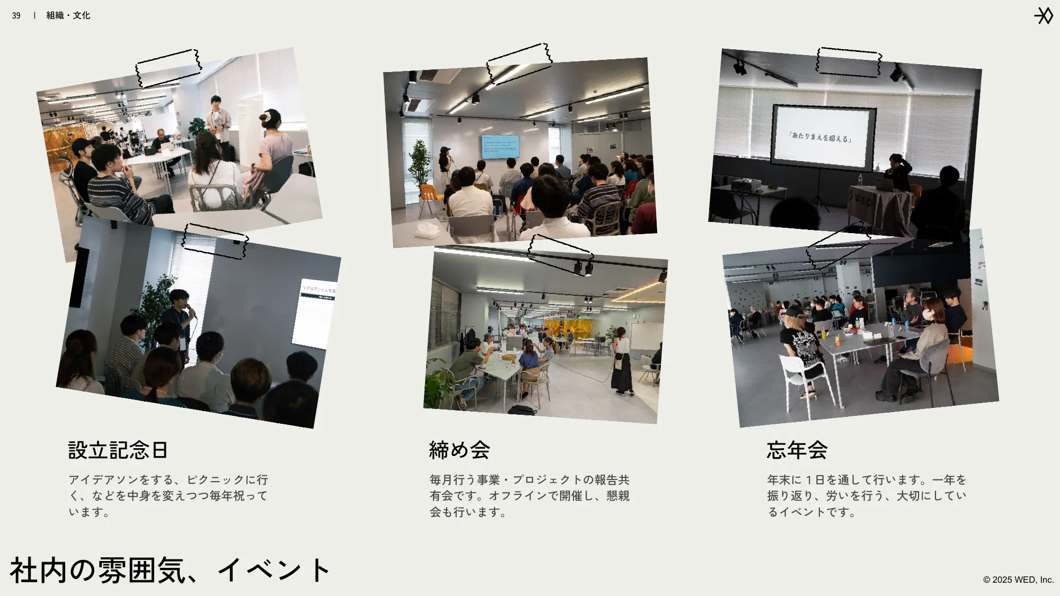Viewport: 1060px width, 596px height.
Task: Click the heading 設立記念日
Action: pyautogui.click(x=118, y=450)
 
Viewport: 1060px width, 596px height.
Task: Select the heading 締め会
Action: pyautogui.click(x=459, y=450)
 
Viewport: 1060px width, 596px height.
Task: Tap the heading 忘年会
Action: pyautogui.click(x=797, y=450)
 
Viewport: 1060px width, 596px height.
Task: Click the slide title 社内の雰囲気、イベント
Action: pyautogui.click(x=170, y=571)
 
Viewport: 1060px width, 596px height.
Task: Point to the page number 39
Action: pyautogui.click(x=16, y=16)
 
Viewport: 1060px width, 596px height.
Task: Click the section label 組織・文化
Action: pyautogui.click(x=68, y=16)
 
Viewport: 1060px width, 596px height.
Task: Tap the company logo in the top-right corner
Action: pyautogui.click(x=1044, y=16)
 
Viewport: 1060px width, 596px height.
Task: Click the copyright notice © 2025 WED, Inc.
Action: pyautogui.click(x=1018, y=580)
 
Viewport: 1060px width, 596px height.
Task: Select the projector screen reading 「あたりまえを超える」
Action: pyautogui.click(x=821, y=137)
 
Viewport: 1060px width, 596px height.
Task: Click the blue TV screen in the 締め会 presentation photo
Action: pyautogui.click(x=500, y=147)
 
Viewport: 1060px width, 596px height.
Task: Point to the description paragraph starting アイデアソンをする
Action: pyautogui.click(x=169, y=495)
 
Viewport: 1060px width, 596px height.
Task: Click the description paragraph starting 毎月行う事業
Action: pyautogui.click(x=529, y=495)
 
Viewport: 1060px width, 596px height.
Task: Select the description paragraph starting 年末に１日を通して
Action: pyautogui.click(x=867, y=495)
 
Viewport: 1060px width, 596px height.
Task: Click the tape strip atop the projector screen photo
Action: pyautogui.click(x=849, y=62)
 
